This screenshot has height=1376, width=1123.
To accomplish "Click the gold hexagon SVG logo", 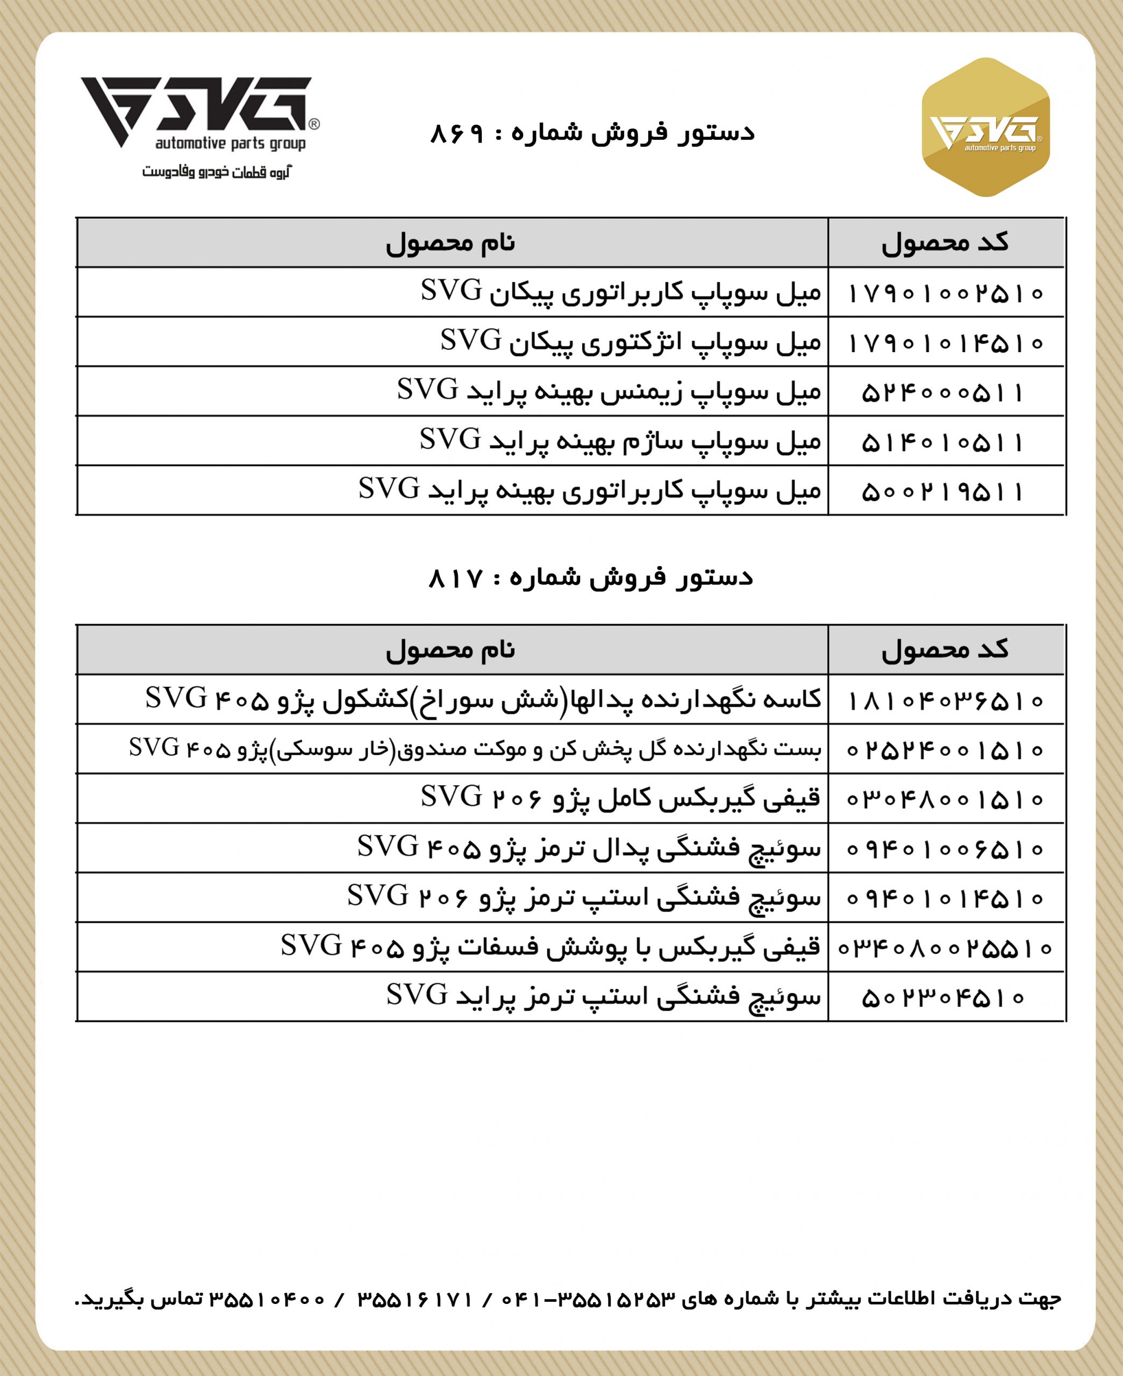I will coord(985,127).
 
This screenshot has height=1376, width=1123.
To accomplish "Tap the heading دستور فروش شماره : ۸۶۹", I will coord(592,133).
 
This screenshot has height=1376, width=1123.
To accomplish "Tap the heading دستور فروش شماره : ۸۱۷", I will coord(591,577).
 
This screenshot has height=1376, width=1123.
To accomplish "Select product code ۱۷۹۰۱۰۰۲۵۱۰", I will coord(945,293).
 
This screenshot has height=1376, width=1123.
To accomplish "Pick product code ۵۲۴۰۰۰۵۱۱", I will coord(942,393).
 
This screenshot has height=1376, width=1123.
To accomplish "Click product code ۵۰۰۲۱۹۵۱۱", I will coord(942,492).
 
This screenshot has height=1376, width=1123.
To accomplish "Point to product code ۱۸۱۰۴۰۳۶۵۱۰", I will coord(945,701).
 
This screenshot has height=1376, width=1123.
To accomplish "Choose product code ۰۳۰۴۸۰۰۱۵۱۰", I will coord(945,800).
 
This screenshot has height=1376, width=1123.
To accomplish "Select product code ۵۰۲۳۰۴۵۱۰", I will coord(942,998).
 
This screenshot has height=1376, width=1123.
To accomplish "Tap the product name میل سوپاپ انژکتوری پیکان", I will coord(630,342).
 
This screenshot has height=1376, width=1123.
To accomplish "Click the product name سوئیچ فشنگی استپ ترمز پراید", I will coord(604,997).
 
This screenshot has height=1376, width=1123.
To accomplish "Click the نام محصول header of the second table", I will coord(450,650).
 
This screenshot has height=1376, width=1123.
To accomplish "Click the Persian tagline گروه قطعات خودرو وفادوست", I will coord(217,172).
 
